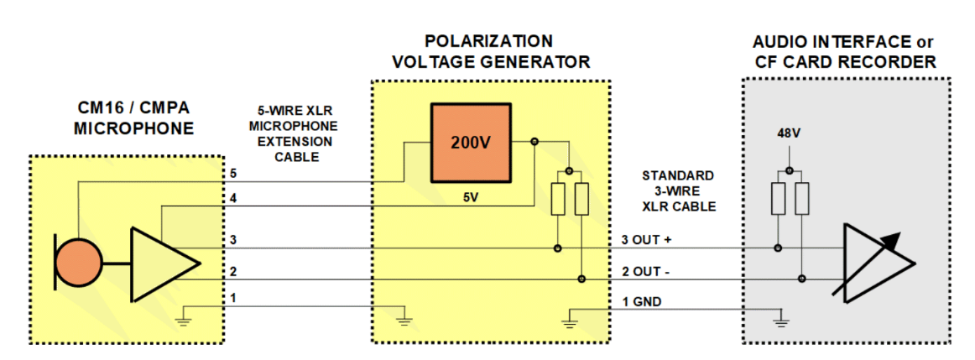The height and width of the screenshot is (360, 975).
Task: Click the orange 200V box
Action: point(470,143)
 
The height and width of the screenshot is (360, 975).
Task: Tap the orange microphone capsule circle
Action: point(78,263)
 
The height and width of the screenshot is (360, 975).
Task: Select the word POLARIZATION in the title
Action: point(488,41)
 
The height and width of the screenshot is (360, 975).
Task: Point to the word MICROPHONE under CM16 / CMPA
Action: point(133,128)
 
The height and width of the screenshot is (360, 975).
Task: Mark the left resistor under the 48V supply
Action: point(778,198)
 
